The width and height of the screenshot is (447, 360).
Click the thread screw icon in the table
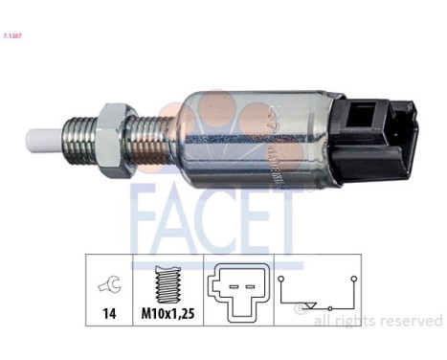[170, 282]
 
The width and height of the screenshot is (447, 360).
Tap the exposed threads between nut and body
[154, 139]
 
